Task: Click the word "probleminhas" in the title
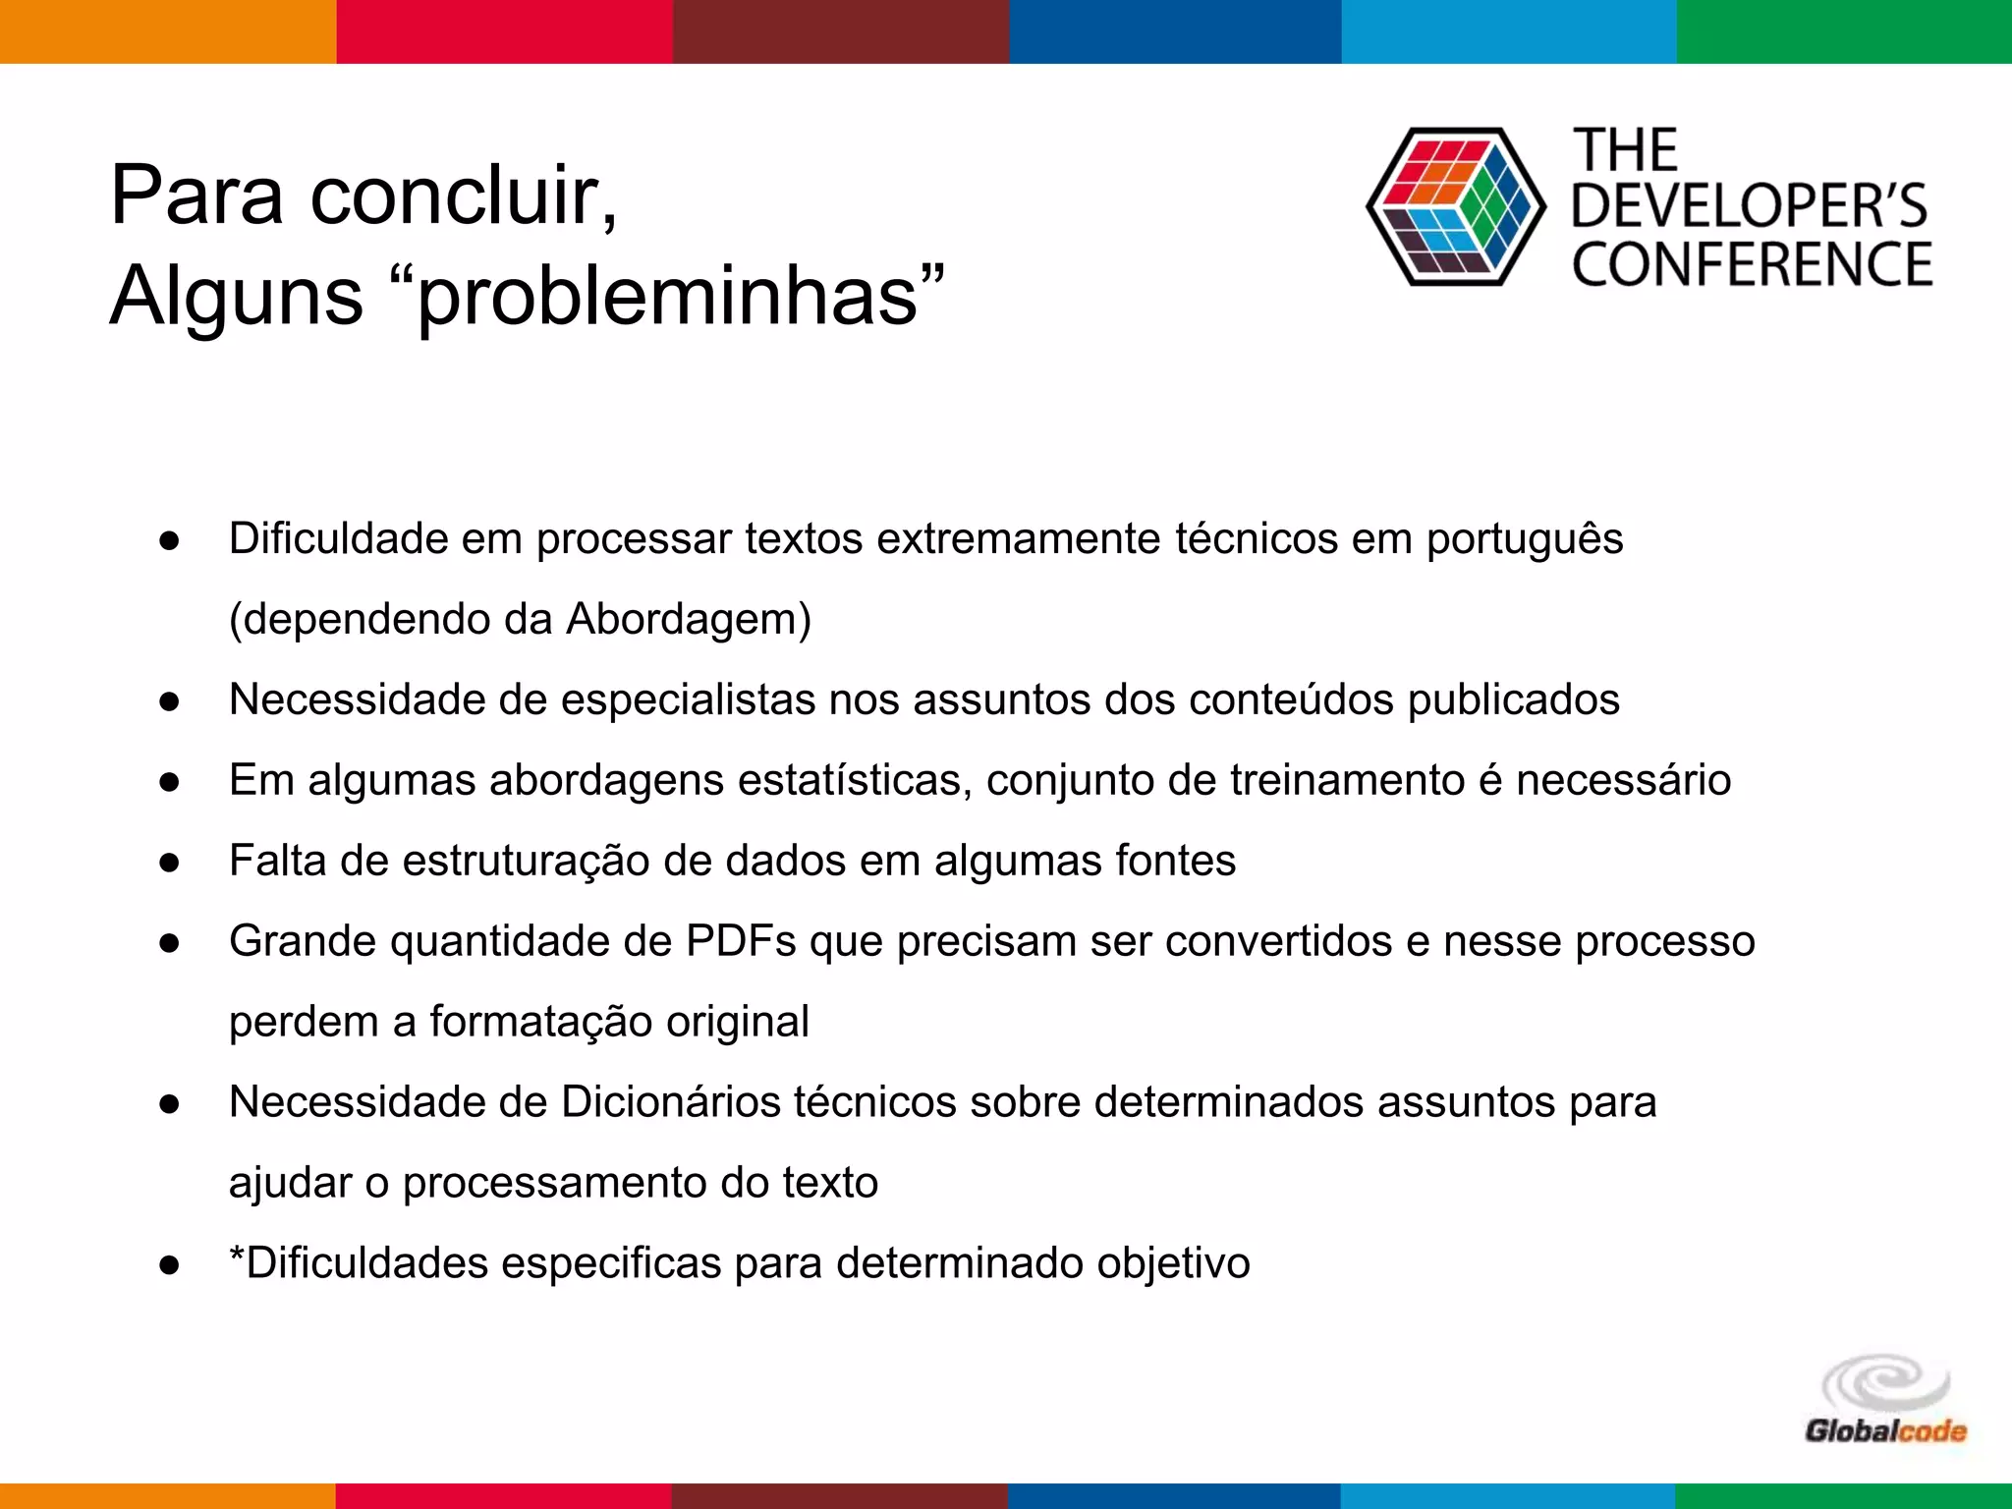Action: (668, 298)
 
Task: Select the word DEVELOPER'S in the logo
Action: (1750, 206)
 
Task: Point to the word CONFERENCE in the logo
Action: (1752, 265)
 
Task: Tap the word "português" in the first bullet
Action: (1524, 539)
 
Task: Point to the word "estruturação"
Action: (526, 862)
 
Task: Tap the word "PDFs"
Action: (741, 942)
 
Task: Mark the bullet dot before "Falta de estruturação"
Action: (169, 863)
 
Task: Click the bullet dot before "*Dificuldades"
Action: (169, 1265)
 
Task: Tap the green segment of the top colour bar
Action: (1844, 31)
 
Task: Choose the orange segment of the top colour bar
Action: (167, 31)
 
